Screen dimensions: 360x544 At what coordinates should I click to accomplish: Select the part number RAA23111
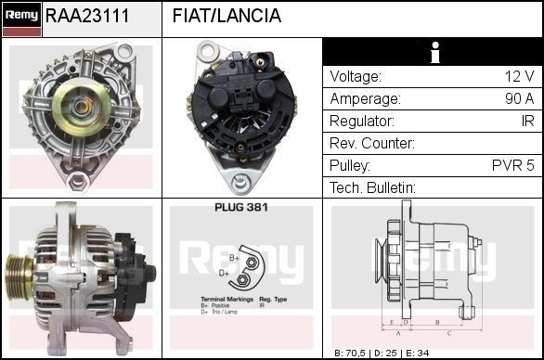point(87,17)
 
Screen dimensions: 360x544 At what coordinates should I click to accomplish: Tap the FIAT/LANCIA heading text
point(227,17)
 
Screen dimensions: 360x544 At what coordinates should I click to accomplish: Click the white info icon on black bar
point(434,53)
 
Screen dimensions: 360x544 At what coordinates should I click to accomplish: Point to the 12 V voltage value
point(519,76)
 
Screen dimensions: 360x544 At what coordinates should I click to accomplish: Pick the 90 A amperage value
point(518,98)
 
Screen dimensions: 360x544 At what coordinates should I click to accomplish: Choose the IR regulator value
point(527,121)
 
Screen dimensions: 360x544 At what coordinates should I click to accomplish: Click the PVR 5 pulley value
point(513,165)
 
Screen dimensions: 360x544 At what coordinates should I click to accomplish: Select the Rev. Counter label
point(372,143)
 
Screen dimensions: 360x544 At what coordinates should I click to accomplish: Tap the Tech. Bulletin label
point(372,187)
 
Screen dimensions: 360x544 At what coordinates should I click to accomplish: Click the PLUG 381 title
point(240,208)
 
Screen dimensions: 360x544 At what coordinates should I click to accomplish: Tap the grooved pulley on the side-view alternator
point(21,273)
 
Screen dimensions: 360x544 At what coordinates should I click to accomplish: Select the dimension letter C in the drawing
point(449,331)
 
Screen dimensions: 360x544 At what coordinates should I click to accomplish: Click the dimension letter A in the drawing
point(397,331)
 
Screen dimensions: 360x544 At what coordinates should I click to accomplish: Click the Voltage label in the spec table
point(355,76)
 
